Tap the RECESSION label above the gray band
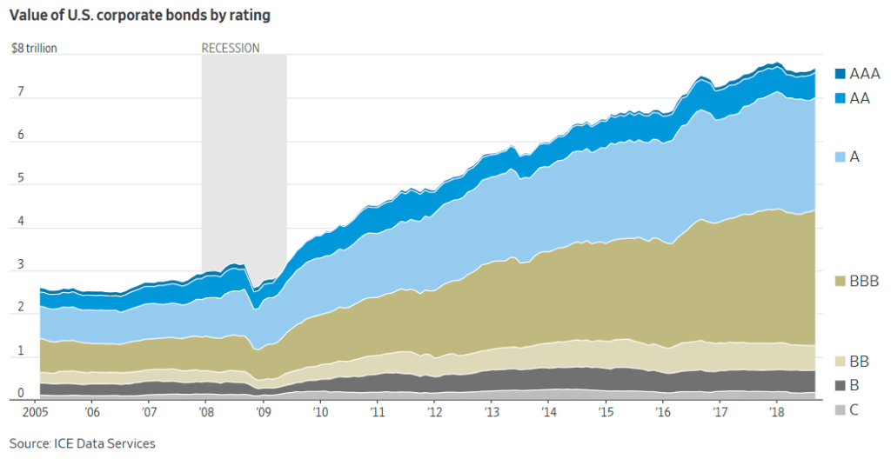231,49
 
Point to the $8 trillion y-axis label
34,49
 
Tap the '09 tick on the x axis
264,410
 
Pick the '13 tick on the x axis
492,410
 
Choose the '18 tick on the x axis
777,410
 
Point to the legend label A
854,156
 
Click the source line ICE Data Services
83,443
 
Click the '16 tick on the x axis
663,410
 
